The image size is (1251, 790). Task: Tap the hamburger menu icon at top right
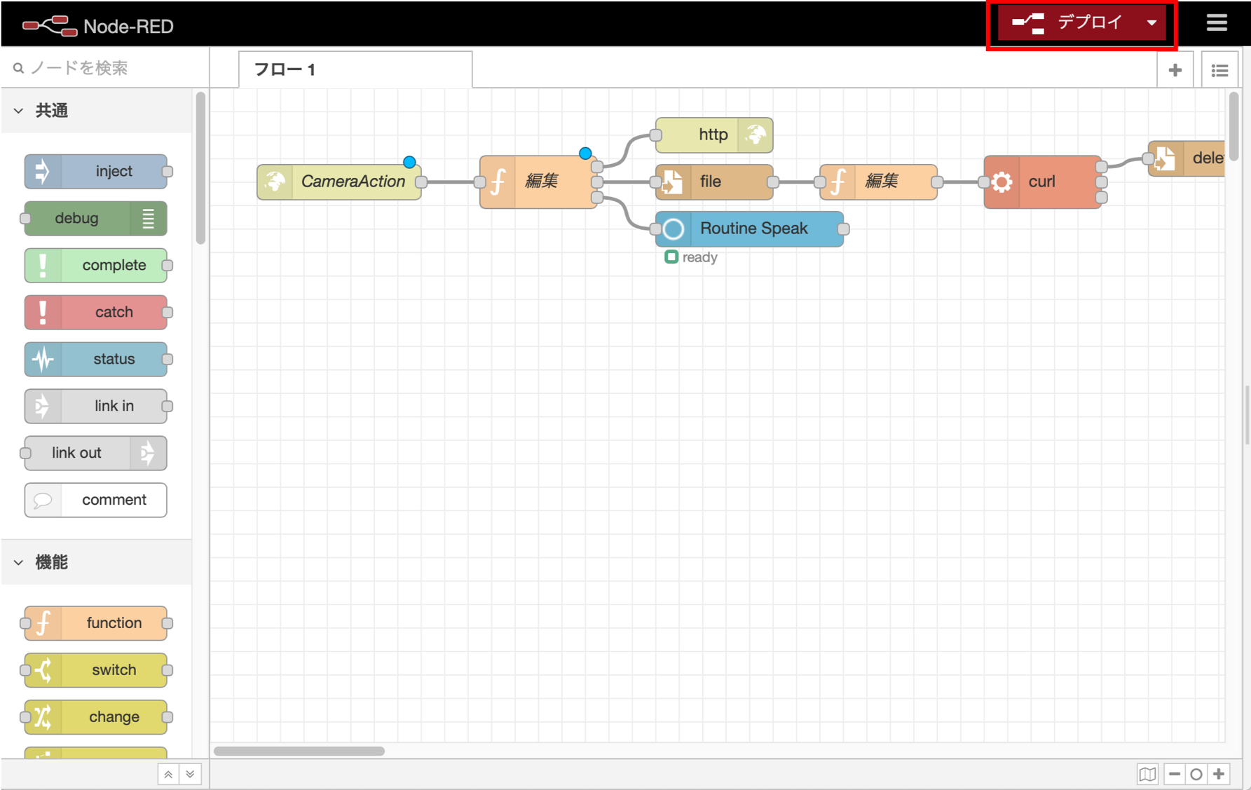pyautogui.click(x=1217, y=23)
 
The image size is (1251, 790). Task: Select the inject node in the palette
pyautogui.click(x=96, y=172)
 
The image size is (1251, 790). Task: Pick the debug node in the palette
pyautogui.click(x=96, y=219)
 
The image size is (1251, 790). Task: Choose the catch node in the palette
pyautogui.click(x=96, y=313)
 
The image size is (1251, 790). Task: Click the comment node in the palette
pyautogui.click(x=96, y=500)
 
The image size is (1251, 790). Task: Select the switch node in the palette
pyautogui.click(x=96, y=670)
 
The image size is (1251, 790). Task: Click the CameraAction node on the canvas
pyautogui.click(x=339, y=182)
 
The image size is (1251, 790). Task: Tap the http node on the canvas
pyautogui.click(x=713, y=135)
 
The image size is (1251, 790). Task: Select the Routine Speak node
pyautogui.click(x=750, y=229)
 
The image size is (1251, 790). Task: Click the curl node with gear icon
pyautogui.click(x=1042, y=182)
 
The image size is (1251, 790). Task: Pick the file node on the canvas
pyautogui.click(x=713, y=182)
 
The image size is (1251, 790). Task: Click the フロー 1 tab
pyautogui.click(x=355, y=70)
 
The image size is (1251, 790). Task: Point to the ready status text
pyautogui.click(x=699, y=258)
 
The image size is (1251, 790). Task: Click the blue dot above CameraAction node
pyautogui.click(x=410, y=163)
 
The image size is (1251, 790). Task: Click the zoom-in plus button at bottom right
pyautogui.click(x=1219, y=775)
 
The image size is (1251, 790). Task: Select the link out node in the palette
pyautogui.click(x=96, y=454)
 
